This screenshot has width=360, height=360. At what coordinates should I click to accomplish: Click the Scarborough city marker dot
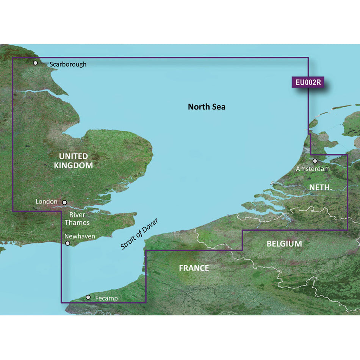point(36,63)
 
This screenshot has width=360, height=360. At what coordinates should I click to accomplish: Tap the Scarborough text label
point(68,64)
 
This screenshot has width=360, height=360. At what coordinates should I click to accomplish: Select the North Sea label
point(207,107)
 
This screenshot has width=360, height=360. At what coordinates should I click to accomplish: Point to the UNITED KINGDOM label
point(74,161)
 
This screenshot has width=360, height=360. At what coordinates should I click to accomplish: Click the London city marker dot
point(64,203)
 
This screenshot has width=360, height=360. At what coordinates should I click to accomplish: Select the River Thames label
point(77,219)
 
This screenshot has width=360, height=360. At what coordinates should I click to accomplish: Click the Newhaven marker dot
point(68,243)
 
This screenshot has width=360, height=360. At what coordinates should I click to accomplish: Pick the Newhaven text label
point(80,236)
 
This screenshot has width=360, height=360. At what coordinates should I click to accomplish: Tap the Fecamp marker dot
point(88,297)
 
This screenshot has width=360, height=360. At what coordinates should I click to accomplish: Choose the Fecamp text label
point(106,298)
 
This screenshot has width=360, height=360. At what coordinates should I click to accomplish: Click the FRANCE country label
point(194,268)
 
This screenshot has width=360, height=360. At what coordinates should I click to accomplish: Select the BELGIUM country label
point(284,244)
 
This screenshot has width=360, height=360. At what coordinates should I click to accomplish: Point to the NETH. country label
point(321,187)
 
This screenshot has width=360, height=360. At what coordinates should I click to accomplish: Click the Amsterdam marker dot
point(315,161)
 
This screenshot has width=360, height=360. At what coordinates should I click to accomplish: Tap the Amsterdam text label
point(313,169)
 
